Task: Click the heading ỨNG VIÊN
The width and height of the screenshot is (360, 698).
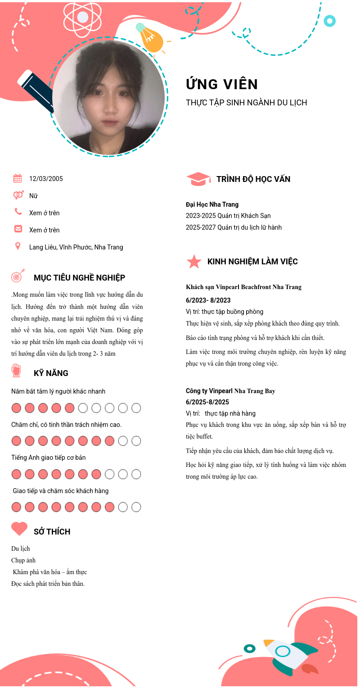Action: (222, 84)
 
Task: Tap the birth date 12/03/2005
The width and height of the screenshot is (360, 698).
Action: (46, 179)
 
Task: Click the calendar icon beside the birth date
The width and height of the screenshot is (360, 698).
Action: (18, 178)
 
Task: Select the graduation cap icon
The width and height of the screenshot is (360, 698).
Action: (198, 179)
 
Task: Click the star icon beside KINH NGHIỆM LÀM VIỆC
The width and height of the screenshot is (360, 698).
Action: (194, 262)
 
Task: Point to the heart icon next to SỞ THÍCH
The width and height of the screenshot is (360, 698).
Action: (19, 529)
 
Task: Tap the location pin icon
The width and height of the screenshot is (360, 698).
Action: (18, 246)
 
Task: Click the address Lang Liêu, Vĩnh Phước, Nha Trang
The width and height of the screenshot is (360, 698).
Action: (76, 247)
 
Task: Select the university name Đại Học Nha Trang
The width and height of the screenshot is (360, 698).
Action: (212, 204)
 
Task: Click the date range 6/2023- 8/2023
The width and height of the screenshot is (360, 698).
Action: (208, 300)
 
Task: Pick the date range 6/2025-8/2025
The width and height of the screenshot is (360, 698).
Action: (207, 402)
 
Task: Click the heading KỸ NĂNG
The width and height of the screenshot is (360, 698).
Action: (51, 373)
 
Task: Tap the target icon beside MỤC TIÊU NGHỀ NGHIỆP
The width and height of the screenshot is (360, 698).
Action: (18, 276)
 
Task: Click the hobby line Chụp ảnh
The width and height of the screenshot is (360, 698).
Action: (23, 560)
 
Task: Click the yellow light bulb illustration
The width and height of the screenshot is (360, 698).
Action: (151, 40)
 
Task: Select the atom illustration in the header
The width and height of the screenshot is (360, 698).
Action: (83, 18)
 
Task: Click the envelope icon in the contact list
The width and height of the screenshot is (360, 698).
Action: (18, 229)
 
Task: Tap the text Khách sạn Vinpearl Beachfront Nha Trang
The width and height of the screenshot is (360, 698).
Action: (243, 287)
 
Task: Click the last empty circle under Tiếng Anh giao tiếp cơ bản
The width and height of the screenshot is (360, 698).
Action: (136, 474)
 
